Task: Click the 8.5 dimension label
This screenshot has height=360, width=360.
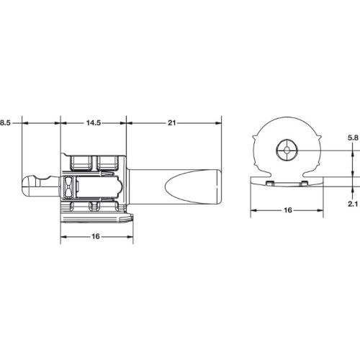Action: point(5,123)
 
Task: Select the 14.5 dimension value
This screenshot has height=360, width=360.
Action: point(94,123)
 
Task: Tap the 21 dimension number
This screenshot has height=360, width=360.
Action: point(171,123)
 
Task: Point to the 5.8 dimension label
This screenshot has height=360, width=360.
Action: point(353,138)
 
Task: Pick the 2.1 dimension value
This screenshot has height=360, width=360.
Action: point(353,204)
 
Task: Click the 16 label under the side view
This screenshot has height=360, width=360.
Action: point(96,237)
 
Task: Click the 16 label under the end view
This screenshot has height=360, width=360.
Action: point(288,210)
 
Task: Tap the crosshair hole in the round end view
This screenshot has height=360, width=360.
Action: point(287,150)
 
